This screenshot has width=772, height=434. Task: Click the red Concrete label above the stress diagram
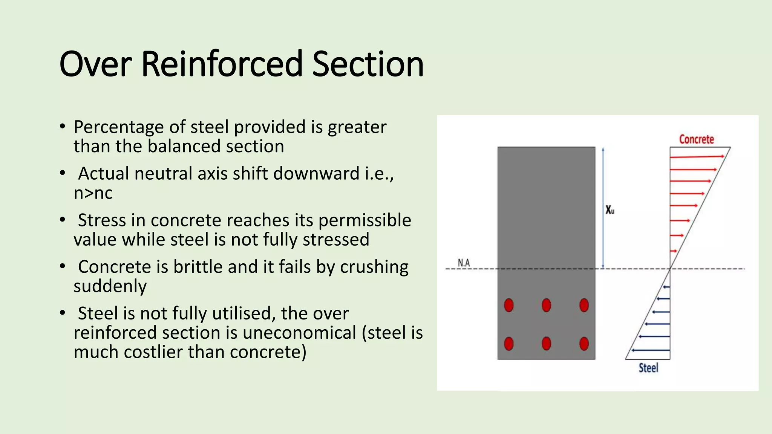[x=696, y=139]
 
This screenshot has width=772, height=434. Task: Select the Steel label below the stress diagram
[x=648, y=368]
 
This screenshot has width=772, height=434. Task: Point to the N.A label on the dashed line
[x=464, y=263]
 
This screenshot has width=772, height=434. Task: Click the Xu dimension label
[x=610, y=210]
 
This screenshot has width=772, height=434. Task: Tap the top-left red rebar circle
[x=509, y=305]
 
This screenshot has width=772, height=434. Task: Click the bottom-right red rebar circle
[x=584, y=344]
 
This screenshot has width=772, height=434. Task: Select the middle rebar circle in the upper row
[x=546, y=305]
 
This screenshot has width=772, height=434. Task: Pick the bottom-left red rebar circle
[x=509, y=344]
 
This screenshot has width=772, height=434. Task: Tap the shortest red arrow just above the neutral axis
[x=673, y=251]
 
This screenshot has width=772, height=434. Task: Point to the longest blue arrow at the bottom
[x=651, y=350]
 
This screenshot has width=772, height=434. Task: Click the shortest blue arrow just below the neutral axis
[x=666, y=287]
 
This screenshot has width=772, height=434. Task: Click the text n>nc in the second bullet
[x=93, y=193]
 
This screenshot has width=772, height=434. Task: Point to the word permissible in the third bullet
[x=365, y=220]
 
